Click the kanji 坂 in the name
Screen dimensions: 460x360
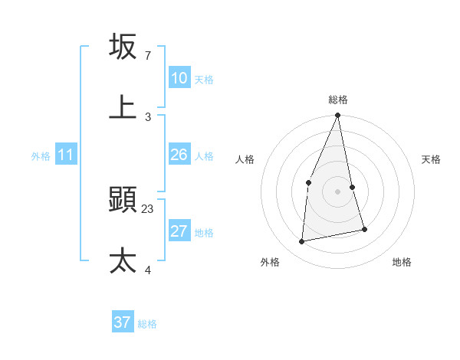(123, 47)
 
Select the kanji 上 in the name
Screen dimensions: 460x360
(123, 107)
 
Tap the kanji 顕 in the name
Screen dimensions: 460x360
(123, 201)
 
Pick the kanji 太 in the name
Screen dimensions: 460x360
(123, 261)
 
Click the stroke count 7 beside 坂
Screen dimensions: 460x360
(147, 56)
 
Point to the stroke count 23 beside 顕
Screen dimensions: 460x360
(148, 208)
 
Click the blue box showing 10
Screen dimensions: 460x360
(179, 78)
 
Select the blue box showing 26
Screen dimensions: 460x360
(179, 155)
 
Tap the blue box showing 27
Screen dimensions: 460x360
(179, 231)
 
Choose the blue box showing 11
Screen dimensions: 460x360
(65, 155)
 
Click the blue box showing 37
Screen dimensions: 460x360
(122, 322)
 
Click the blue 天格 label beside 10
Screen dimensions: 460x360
(204, 79)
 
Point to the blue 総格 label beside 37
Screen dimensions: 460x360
(147, 324)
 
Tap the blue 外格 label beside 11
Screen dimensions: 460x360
(41, 156)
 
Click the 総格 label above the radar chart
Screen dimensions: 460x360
(338, 100)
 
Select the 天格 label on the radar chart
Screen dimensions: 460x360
(432, 159)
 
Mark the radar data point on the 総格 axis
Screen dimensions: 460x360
(338, 116)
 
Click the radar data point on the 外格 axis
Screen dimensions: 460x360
(302, 242)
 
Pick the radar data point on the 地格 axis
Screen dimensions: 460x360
(364, 229)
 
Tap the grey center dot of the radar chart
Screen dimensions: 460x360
(338, 191)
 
